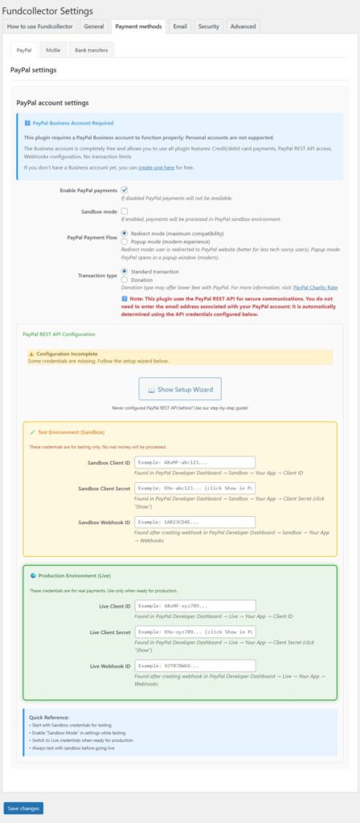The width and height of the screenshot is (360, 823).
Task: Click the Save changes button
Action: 23,807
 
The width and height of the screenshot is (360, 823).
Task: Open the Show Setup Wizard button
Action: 179,390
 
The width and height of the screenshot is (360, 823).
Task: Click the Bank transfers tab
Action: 90,50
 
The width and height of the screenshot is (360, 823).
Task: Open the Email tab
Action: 180,26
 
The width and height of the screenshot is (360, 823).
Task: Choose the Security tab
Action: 208,26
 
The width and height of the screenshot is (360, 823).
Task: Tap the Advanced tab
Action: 243,26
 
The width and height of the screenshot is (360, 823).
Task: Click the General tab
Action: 93,26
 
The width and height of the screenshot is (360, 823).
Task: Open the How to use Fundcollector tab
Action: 40,26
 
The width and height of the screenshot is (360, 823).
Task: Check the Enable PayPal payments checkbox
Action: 125,190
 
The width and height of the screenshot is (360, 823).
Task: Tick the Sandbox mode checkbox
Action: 125,211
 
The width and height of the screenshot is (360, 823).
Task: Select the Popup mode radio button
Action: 124,242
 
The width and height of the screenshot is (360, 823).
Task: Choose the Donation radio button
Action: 124,280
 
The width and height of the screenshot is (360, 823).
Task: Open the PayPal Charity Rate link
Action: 315,287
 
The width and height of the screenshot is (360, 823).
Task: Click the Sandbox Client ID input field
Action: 194,462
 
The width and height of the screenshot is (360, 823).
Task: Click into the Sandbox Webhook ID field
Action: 194,522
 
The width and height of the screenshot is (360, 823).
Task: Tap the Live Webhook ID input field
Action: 194,665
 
